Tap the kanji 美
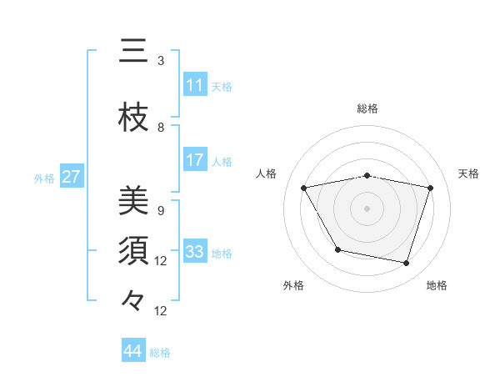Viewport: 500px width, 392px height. pos(134,201)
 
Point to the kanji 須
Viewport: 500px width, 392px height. pos(134,251)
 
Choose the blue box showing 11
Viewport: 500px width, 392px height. pos(195,85)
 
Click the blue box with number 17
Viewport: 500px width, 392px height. pos(195,160)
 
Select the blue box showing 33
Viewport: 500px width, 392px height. pos(195,252)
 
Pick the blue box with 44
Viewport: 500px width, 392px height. pos(133,351)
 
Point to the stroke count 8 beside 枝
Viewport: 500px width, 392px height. pos(161,127)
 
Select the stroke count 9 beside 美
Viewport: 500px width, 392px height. pos(161,210)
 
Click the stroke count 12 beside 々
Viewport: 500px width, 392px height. pos(161,311)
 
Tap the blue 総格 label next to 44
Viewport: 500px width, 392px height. pos(160,353)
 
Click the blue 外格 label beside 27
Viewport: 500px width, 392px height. pos(44,178)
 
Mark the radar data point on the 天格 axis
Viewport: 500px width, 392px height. pos(431,188)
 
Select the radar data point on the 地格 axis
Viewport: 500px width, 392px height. pos(406,264)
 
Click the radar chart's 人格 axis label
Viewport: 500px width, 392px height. pos(267,173)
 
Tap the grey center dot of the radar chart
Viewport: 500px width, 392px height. pos(367,208)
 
